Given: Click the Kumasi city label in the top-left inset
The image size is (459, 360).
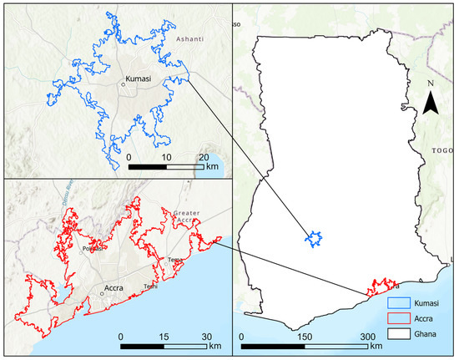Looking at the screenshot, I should [138, 79].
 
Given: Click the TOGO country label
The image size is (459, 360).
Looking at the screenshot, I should [441, 151].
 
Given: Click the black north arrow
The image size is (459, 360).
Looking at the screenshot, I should [430, 104].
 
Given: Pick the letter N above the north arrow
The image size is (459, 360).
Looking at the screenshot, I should [430, 84].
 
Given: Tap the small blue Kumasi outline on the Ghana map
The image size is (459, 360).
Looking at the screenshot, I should [315, 239].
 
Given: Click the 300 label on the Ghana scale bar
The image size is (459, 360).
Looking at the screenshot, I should [367, 336].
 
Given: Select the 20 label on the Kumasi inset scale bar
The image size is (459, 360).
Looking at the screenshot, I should [204, 157].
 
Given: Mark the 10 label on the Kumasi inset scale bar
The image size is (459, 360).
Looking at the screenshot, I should [167, 157].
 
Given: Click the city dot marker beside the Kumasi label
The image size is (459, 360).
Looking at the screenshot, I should [124, 84].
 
